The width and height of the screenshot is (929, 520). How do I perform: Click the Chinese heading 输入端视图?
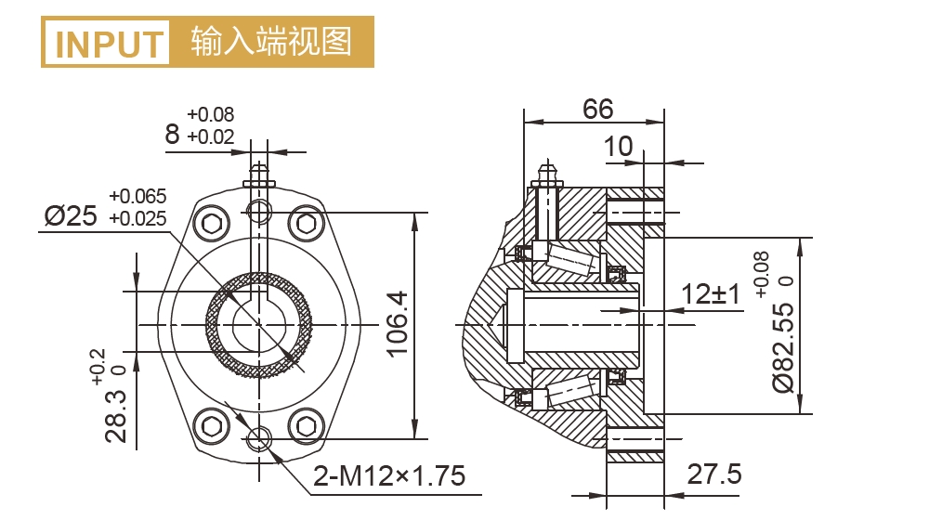click(x=271, y=42)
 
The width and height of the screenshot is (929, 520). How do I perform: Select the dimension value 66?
click(x=597, y=109)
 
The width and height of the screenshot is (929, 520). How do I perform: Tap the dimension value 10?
click(x=617, y=147)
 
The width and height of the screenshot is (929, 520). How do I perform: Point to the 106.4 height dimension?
click(x=397, y=324)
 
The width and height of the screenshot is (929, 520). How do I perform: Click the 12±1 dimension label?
click(x=710, y=294)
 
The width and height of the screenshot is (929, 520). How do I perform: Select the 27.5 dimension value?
click(x=714, y=474)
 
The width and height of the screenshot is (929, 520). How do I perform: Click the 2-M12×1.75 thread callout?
click(x=388, y=477)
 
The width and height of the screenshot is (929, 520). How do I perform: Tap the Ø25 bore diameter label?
click(x=71, y=217)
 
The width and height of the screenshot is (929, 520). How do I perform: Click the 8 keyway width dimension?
click(x=172, y=135)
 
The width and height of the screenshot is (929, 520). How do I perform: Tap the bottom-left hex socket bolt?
click(x=212, y=427)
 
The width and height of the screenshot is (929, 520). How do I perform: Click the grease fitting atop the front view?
click(x=258, y=175)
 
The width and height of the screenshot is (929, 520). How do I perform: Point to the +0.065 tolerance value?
click(x=137, y=196)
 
